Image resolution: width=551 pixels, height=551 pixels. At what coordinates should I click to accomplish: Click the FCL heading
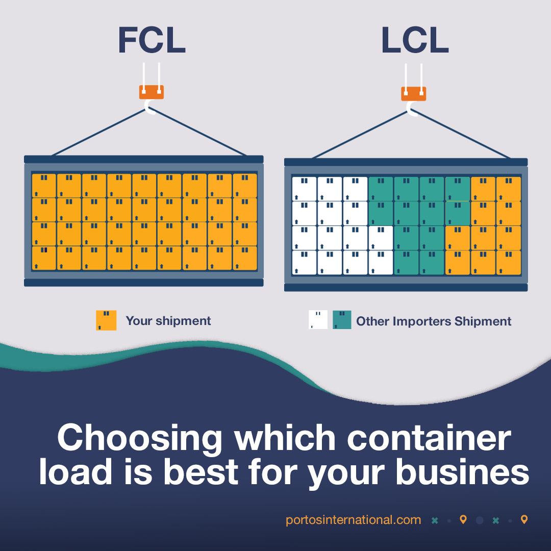pyautogui.click(x=152, y=40)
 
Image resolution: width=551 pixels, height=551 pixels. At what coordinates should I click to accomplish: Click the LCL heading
pyautogui.click(x=414, y=40)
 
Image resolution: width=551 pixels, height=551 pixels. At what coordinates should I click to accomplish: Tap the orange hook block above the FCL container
pyautogui.click(x=152, y=92)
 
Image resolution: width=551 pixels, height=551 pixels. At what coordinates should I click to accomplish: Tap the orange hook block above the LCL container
pyautogui.click(x=413, y=94)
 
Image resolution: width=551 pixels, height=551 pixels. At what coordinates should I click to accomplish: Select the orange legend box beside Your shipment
pyautogui.click(x=106, y=320)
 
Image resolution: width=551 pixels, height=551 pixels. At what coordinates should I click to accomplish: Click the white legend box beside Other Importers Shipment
pyautogui.click(x=318, y=320)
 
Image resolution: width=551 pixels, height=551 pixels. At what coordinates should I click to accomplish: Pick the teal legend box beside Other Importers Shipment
pyautogui.click(x=342, y=320)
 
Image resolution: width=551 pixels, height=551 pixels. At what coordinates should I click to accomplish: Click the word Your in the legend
pyautogui.click(x=138, y=321)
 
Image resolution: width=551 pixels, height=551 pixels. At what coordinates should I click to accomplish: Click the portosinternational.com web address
pyautogui.click(x=353, y=520)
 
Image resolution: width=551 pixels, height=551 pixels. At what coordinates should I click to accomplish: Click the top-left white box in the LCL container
pyautogui.click(x=304, y=188)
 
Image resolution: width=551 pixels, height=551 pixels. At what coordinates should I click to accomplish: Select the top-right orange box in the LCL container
pyautogui.click(x=509, y=189)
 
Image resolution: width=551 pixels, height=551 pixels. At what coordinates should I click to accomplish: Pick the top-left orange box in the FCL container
pyautogui.click(x=44, y=185)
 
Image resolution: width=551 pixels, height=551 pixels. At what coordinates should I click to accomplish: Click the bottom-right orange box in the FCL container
pyautogui.click(x=245, y=258)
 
